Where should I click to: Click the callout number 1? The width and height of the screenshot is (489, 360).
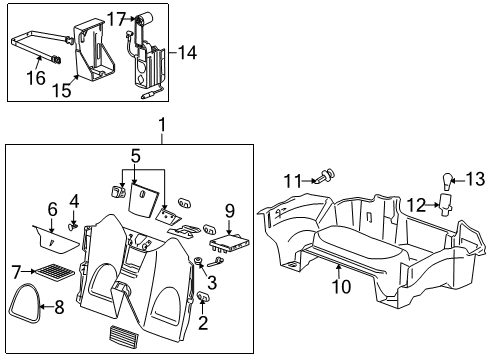(159, 127)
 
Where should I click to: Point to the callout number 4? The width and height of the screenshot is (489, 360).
(73, 201)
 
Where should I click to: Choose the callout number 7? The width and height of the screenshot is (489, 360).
(16, 271)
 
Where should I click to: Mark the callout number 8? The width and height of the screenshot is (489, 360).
(16, 308)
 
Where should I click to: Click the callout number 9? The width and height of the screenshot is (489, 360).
(229, 211)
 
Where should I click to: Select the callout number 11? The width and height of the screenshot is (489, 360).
(291, 180)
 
